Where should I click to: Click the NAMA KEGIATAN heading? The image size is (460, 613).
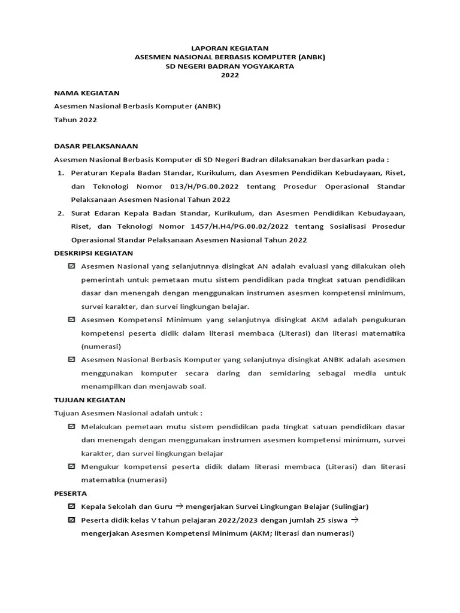point(87,93)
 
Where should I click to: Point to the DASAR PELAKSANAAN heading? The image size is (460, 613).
point(96,145)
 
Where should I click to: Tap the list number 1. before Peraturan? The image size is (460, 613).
point(60,172)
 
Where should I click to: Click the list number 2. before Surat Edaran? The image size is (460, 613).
point(60,213)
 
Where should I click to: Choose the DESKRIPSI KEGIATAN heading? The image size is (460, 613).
point(93,253)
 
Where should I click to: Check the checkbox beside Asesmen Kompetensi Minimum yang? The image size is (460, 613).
point(72,320)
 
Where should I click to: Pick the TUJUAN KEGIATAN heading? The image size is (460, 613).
point(90,399)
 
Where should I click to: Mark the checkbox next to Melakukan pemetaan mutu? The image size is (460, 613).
point(72,426)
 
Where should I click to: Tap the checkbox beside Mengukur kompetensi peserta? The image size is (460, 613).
point(72,466)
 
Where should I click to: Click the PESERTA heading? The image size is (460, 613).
point(71,493)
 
